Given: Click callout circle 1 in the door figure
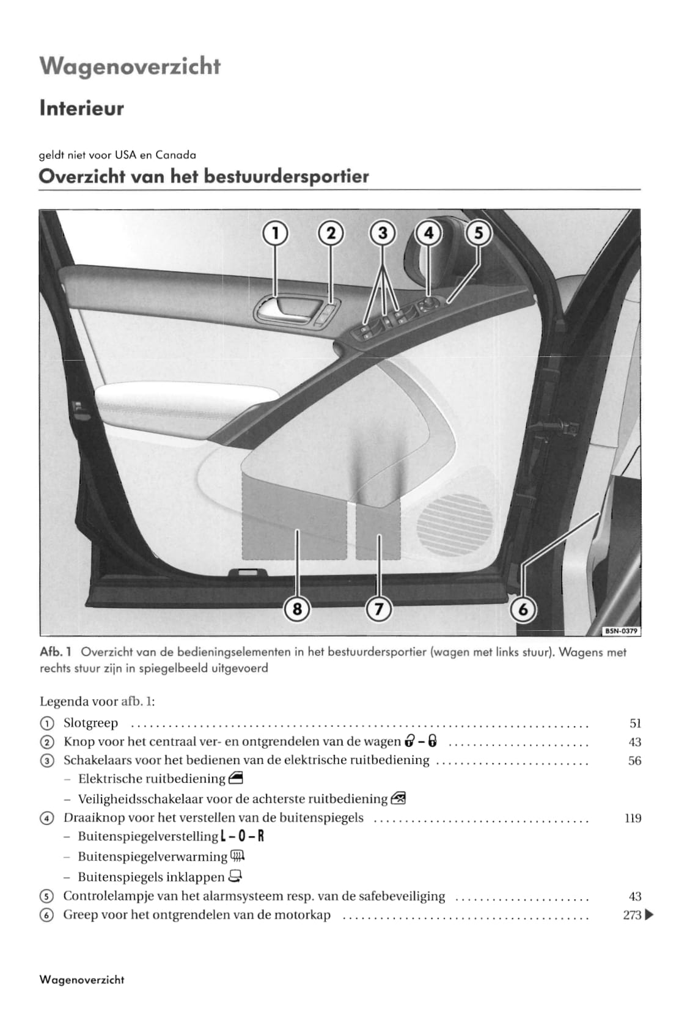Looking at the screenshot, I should [x=275, y=233].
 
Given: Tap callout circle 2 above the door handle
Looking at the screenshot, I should [x=331, y=233].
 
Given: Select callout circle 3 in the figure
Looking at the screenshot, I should [x=383, y=233].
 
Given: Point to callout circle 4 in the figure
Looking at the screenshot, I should [x=428, y=233].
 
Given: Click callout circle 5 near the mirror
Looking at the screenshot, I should [x=479, y=233].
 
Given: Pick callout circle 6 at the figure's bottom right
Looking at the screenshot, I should [x=523, y=609].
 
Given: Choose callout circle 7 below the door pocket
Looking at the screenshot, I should [x=378, y=609].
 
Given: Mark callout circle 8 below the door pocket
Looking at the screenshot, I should [x=298, y=609].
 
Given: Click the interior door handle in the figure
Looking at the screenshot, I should [x=285, y=310].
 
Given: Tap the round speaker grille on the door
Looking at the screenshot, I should [x=455, y=524].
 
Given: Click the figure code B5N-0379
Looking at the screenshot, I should [x=622, y=631].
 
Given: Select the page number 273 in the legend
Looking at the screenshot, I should [x=632, y=915].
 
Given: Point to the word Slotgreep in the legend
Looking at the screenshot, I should [x=90, y=723].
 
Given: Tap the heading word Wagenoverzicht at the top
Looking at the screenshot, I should [x=130, y=66].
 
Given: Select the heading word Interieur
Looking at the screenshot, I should [x=81, y=109].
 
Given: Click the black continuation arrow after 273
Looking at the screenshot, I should [x=649, y=915].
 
